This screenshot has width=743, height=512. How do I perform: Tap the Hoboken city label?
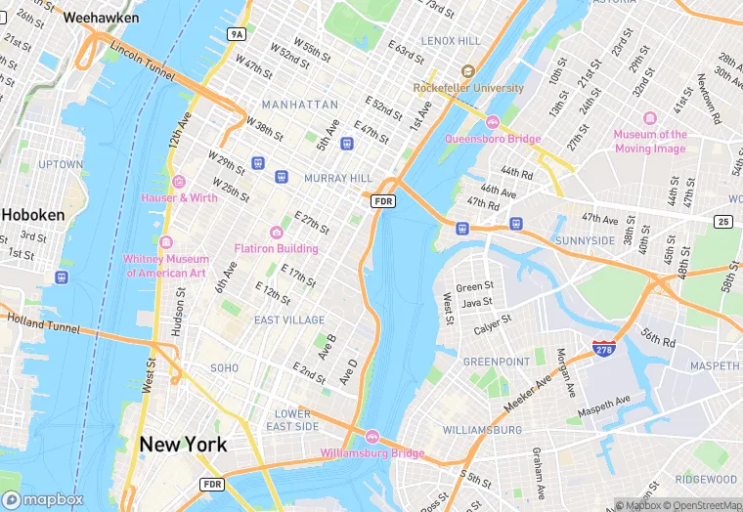(32, 214)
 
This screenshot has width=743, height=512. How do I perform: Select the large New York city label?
(183, 445)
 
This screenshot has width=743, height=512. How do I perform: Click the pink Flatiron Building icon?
(277, 232)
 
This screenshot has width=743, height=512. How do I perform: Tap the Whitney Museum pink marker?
(166, 242)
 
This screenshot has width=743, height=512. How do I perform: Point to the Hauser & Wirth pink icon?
(178, 181)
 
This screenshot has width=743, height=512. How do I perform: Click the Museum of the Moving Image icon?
(650, 117)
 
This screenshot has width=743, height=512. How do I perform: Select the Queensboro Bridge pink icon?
(493, 122)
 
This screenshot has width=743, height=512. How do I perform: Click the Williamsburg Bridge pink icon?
(372, 437)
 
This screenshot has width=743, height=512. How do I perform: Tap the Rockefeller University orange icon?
(467, 71)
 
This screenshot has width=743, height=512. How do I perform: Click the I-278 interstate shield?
(603, 348)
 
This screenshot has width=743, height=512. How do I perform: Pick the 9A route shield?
(237, 34)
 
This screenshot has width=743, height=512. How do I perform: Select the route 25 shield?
(722, 223)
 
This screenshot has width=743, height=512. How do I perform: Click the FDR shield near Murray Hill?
(382, 200)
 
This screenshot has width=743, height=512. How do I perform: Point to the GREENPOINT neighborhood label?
(496, 362)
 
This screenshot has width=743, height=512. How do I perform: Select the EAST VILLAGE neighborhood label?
(289, 320)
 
